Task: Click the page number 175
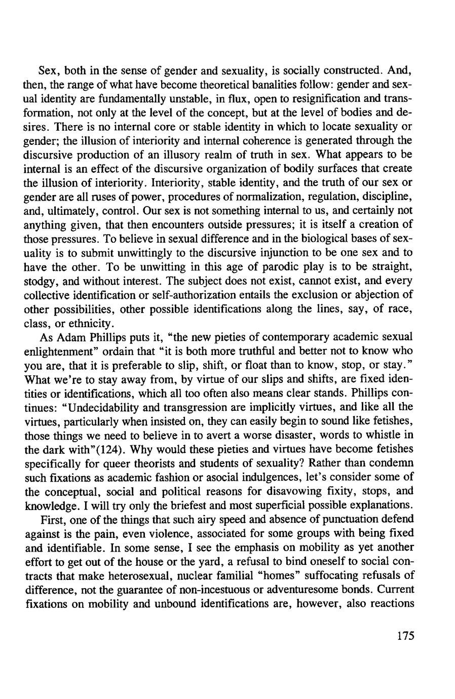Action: [406, 636]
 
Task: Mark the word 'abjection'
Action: [375, 294]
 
